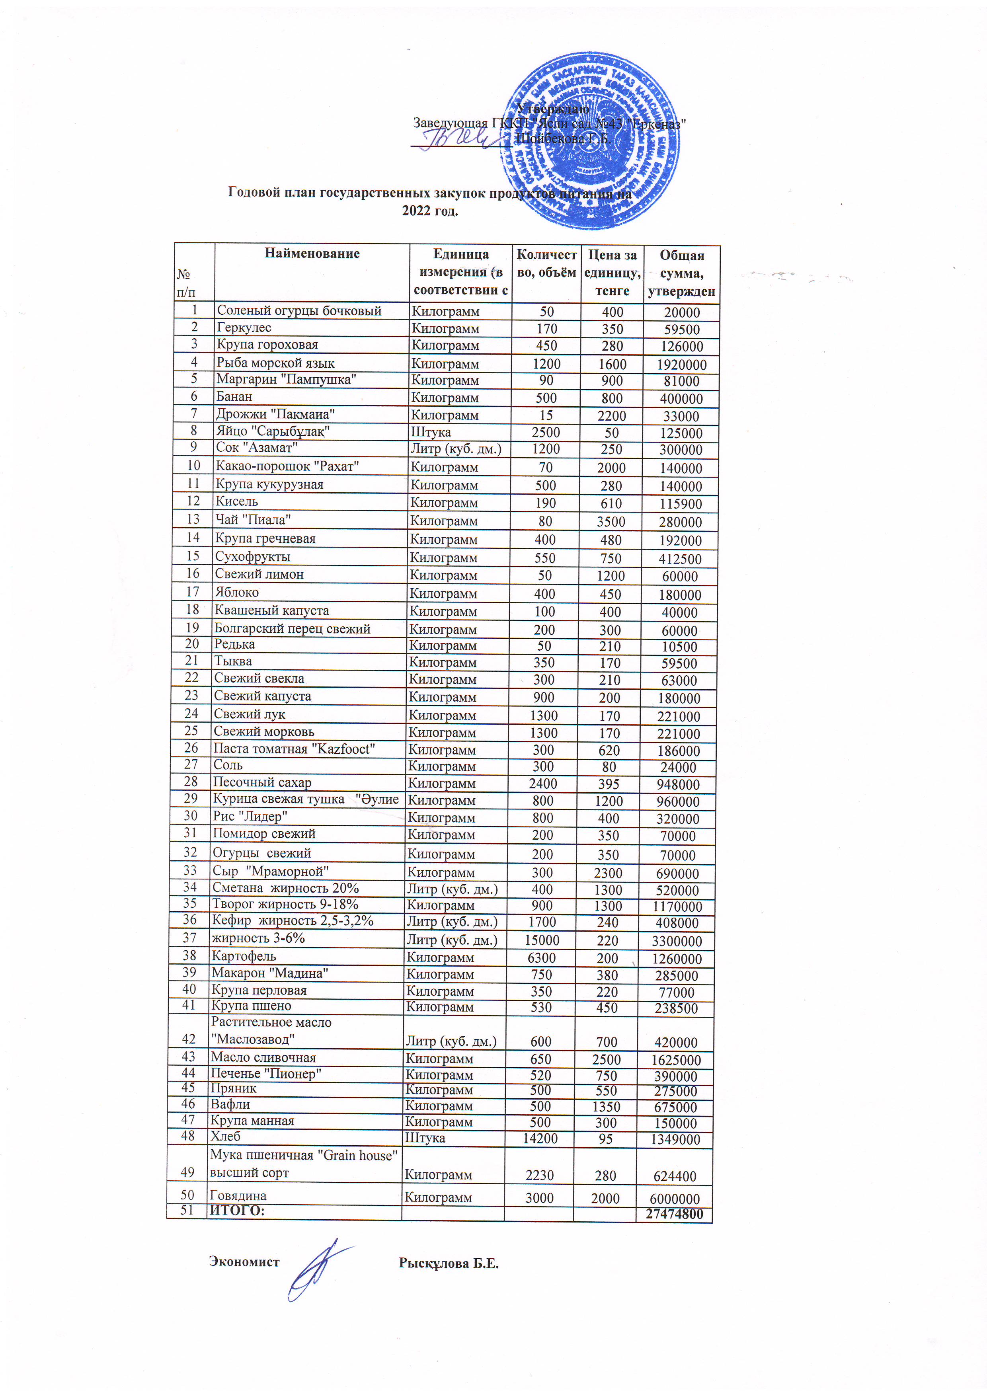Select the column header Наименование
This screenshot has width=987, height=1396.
312,253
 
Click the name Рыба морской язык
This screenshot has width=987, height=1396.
275,363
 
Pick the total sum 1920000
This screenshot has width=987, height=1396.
681,365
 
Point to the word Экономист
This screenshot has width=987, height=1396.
244,1261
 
